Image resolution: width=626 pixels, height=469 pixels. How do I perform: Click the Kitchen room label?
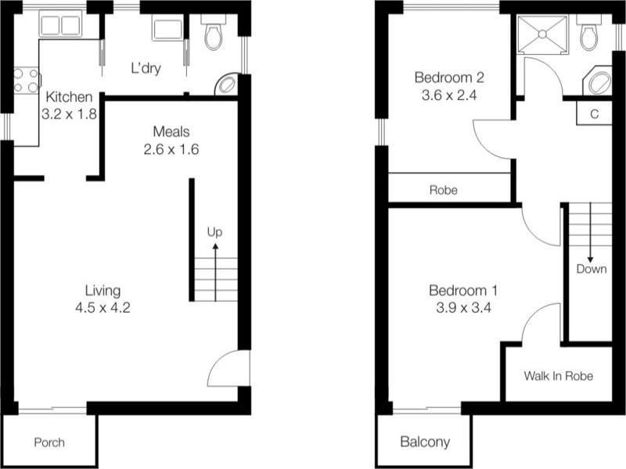pos(70,97)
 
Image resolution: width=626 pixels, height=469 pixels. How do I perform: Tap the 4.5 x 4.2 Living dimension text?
pos(103,308)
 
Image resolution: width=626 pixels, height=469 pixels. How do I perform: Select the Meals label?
pos(171,131)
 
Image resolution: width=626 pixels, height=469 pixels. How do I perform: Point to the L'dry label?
pos(146,68)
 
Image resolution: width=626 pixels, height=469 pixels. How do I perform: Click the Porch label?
pos(49,442)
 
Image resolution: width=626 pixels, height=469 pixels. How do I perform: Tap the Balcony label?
pos(425,442)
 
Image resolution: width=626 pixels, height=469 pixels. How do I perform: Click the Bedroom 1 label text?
pos(463,291)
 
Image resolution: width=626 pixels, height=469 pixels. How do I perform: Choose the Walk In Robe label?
pos(558,376)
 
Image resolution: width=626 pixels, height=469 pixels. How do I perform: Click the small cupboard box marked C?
pos(595,113)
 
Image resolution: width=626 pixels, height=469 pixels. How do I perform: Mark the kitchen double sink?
pos(60,26)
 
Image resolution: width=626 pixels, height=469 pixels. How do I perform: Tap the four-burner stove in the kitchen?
pos(26,80)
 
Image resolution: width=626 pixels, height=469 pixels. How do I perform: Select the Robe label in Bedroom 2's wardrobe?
pos(444,190)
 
